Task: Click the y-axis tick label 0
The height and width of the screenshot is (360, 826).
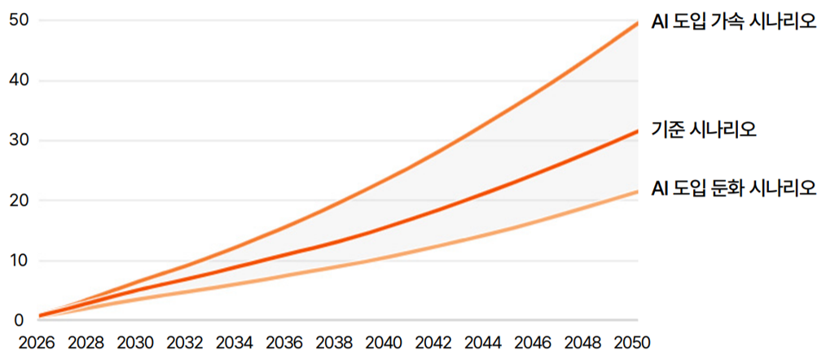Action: (x=19, y=320)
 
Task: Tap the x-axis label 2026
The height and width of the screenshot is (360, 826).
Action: (x=37, y=343)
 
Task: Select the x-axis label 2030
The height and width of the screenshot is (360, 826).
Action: (x=136, y=343)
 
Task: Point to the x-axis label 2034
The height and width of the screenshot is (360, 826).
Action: (x=235, y=343)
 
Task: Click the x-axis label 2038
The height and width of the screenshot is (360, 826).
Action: (x=335, y=343)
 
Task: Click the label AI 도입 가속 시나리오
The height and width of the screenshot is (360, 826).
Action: (x=733, y=23)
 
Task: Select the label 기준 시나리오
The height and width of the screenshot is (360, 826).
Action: (x=704, y=130)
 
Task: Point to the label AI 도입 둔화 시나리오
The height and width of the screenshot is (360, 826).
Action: (x=733, y=188)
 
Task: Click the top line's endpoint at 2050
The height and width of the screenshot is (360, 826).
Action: (x=637, y=23)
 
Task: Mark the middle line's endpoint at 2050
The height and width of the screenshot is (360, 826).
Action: (x=637, y=130)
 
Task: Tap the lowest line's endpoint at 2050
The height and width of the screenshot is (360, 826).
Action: (x=637, y=191)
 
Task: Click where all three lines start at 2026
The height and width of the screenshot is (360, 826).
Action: (x=40, y=316)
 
